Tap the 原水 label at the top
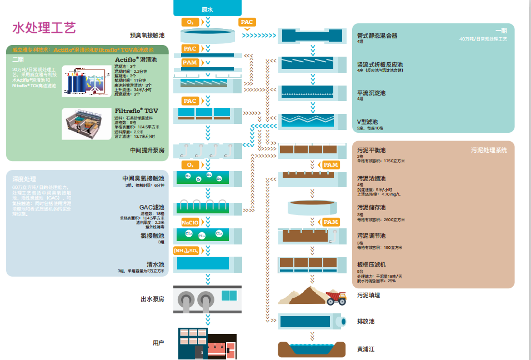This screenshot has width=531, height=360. point(208,9)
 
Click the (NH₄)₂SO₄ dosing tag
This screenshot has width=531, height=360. point(186,251)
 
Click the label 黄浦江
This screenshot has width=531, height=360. point(365,349)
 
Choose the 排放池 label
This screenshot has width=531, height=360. point(365,322)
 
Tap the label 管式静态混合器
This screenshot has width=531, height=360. point(377,36)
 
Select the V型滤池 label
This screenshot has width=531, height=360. point(367,122)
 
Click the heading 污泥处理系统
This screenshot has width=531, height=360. point(489,150)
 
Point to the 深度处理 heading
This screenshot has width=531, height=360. point(24,179)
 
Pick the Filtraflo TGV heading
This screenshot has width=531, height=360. point(137,111)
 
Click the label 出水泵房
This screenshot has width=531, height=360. point(152,299)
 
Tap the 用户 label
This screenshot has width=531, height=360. point(158,343)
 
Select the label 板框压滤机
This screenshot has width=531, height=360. point(371,265)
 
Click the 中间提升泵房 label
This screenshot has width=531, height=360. point(147,150)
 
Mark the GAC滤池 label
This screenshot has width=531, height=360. point(152,207)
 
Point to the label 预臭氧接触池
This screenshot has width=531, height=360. point(147,35)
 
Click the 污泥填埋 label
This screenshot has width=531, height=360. point(368,295)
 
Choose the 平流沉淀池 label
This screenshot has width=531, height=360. point(371,93)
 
